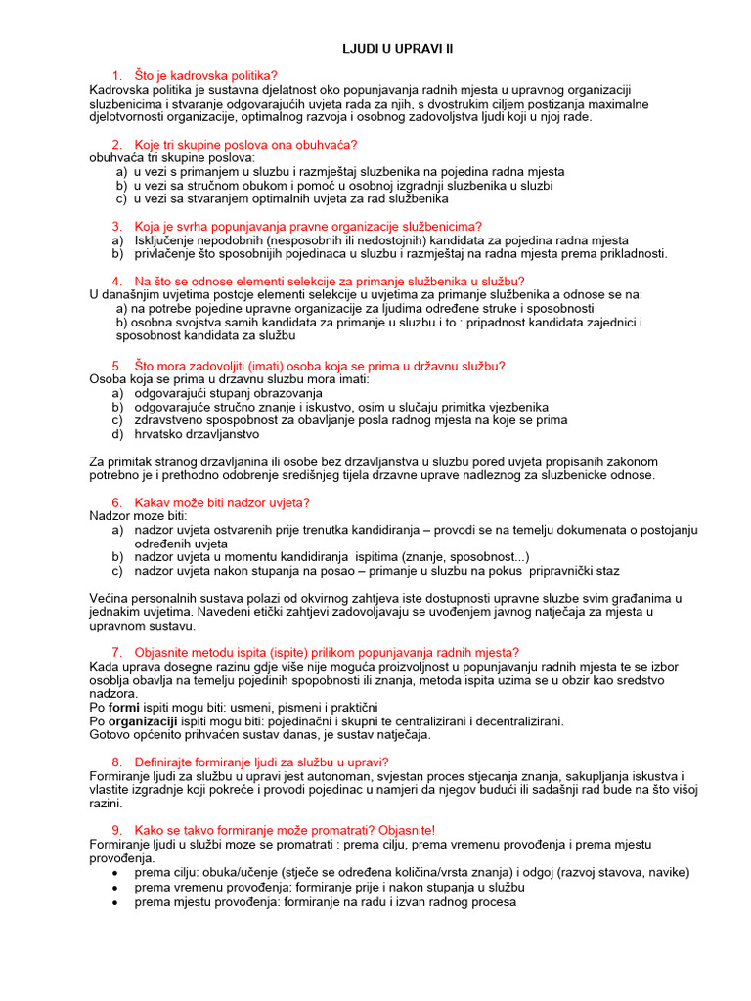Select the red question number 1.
(x=116, y=75)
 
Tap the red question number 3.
(x=116, y=226)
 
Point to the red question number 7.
(x=116, y=652)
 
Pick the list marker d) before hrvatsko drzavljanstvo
(x=117, y=434)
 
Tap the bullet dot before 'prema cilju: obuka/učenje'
(x=117, y=873)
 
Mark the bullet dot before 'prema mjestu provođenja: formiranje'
(x=117, y=902)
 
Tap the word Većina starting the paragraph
(x=110, y=598)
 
